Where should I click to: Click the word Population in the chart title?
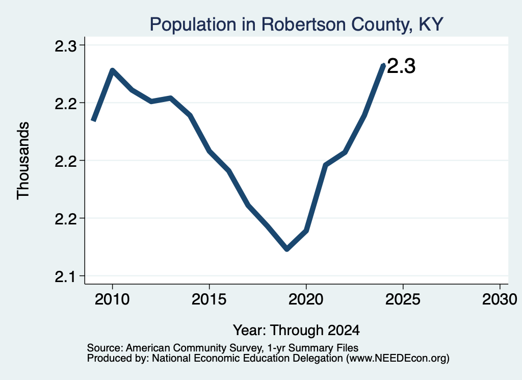point(193,24)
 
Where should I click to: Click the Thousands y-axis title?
point(23,161)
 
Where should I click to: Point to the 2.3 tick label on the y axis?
point(66,45)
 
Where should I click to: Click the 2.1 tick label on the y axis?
point(66,276)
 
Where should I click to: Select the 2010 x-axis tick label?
point(112,299)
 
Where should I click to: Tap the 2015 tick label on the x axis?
point(209,299)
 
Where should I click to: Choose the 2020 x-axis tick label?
point(306,299)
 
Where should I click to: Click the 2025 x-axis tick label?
point(403,299)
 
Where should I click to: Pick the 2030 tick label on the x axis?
point(500,299)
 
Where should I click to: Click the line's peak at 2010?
point(113,70)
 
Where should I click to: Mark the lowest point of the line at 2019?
point(287,249)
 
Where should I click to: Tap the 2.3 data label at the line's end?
point(401,66)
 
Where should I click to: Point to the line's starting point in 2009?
point(94,120)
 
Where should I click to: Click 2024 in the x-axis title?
point(344,330)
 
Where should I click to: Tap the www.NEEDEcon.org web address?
point(398,359)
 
